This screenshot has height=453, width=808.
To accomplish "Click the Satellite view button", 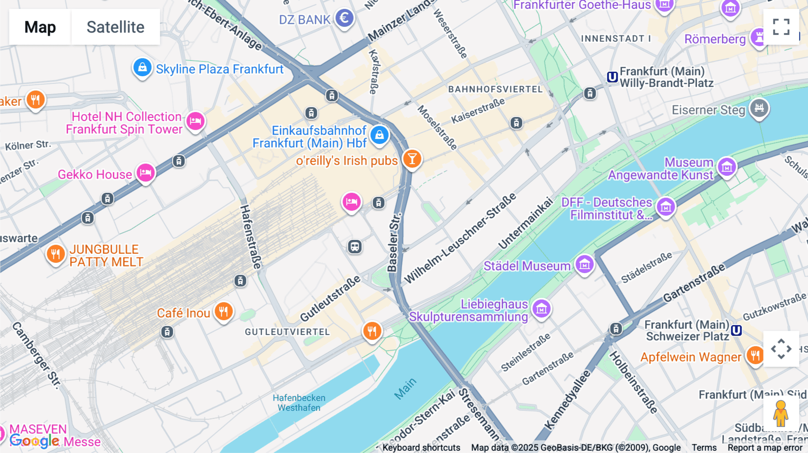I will pos(115,27).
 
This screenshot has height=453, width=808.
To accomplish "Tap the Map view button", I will pos(40,27).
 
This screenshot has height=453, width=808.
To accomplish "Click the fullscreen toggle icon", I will pos(781,27).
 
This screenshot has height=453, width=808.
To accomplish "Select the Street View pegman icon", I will pos(781,414).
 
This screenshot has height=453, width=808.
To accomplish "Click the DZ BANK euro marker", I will pos(344,18).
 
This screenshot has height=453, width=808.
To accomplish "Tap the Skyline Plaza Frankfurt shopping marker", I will pos(142,68).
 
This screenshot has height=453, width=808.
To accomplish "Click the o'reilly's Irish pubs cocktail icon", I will pos(412,159).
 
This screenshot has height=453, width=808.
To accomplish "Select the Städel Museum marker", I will pos(584,265).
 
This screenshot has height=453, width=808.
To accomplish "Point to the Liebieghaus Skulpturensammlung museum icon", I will pos(541,309).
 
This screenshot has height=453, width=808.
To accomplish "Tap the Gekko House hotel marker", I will pos(145,173).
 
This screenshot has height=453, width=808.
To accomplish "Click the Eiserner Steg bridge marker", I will pos(759,108).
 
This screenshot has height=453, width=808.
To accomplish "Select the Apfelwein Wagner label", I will pos(690,357).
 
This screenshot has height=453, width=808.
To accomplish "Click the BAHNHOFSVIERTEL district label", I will pos(495,89).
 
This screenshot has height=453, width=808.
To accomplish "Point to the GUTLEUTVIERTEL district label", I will pos(287,332).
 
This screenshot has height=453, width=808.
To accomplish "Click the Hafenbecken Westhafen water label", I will pos(299,403).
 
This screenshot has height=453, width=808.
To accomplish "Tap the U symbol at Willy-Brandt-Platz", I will pos(612,77).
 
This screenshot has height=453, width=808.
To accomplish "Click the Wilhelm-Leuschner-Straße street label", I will pos(460,239).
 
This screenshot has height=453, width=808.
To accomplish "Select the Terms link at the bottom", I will pos(704,447).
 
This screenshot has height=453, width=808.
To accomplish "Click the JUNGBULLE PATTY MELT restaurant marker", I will pos(55,254).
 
